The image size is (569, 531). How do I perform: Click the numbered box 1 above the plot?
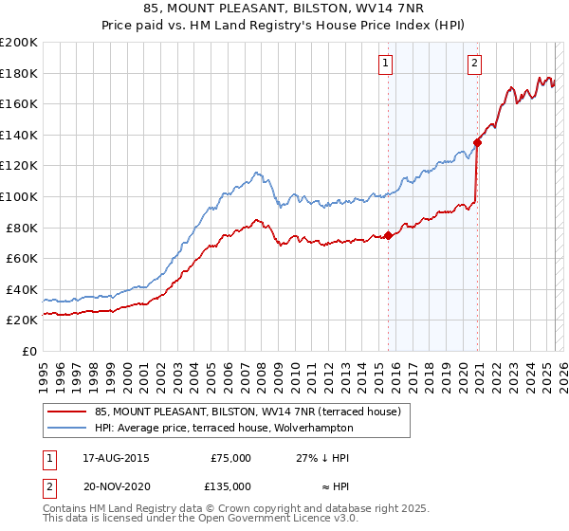(x=387, y=64)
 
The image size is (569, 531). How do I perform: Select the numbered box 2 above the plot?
(x=474, y=64)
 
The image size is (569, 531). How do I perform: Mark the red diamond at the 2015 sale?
(x=388, y=236)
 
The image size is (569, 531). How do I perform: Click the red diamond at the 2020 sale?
(x=477, y=143)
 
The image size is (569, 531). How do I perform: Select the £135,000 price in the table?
(x=230, y=485)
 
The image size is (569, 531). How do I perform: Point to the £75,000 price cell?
(x=230, y=458)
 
